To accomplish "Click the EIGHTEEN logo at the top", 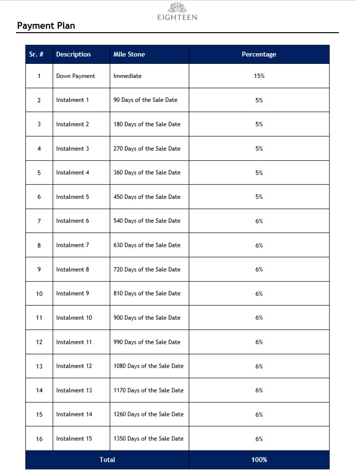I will coord(177,12).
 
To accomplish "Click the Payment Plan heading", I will coord(46,26).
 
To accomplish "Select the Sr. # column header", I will coord(37,55).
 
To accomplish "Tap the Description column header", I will coord(73,55).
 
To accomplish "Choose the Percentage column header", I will coord(259,55).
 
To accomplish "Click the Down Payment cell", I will coord(76,76).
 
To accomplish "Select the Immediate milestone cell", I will coord(127,76).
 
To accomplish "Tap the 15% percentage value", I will coord(259,76).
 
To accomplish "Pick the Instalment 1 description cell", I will coord(73,100).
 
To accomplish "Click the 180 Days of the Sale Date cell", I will coord(147,124).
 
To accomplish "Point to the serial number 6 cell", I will coord(39,197).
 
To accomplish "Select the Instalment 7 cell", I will coord(73,245).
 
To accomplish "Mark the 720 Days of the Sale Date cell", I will coord(147,270).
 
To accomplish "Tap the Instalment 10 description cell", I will coord(74,318).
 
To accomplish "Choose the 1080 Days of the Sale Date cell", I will coord(148,366).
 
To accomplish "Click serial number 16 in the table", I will coord(39,439).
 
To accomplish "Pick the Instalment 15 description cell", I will coord(74,439).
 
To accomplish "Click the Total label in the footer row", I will coord(107,460).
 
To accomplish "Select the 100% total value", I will coord(259,460).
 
